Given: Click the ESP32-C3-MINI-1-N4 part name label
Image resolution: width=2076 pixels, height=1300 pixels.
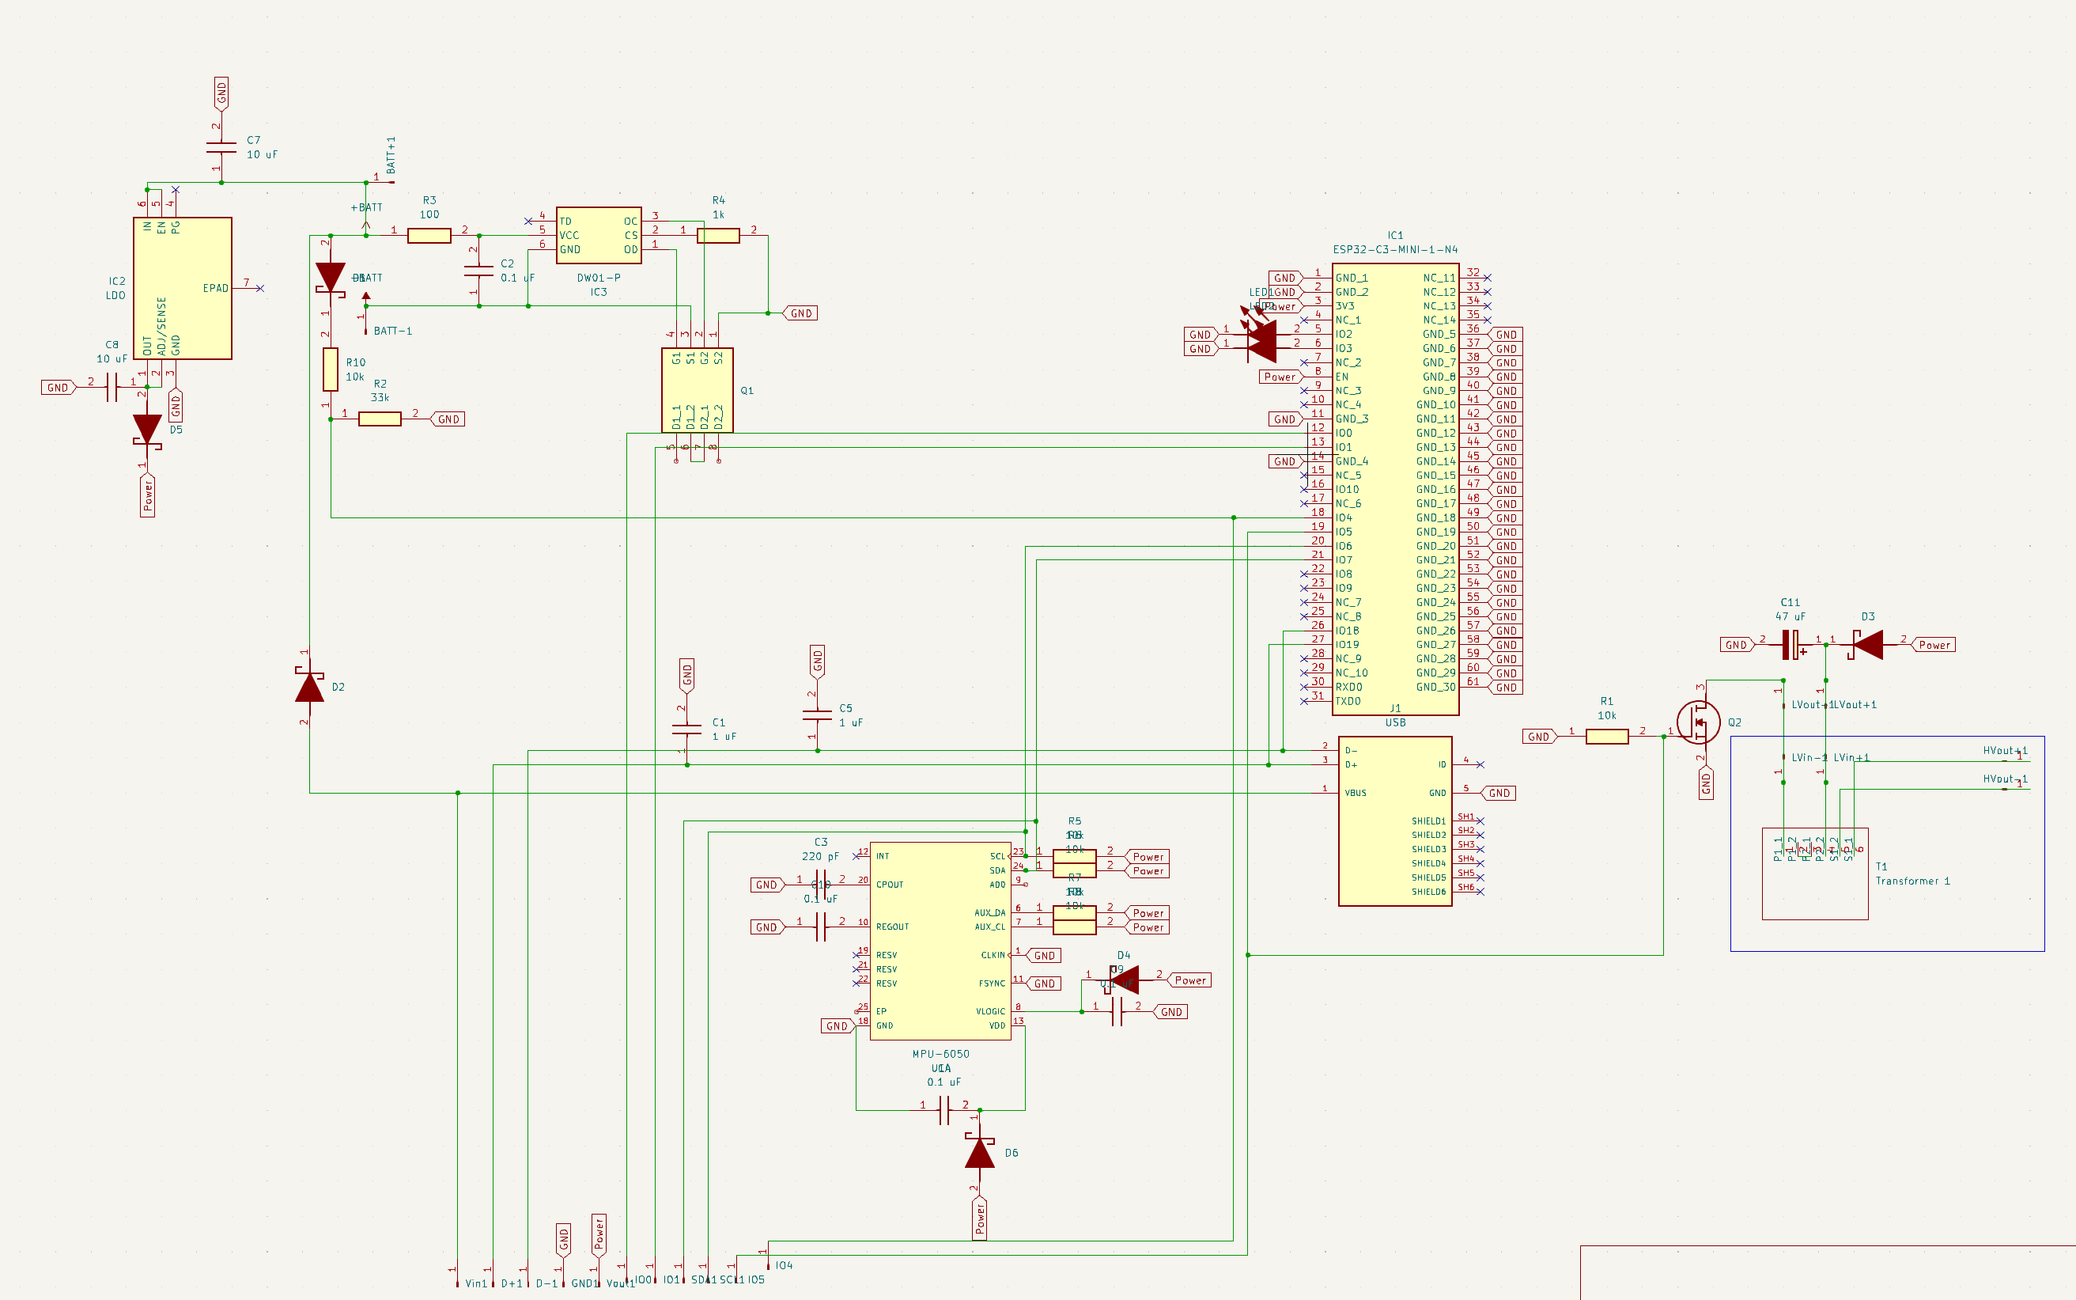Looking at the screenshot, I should coord(1394,249).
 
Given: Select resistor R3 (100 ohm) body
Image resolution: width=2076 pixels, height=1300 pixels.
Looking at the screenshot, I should coord(429,236).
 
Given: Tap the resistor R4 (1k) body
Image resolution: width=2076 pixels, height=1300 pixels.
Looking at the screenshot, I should coord(717,236).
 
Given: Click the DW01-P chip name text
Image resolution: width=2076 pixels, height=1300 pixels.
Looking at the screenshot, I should coord(598,278).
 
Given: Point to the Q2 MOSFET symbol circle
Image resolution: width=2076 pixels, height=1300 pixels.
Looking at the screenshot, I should coord(1698,722).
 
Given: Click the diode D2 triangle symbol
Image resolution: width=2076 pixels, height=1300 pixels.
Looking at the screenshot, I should coord(309,687).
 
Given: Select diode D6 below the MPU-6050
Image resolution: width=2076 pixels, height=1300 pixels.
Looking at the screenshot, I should coord(980,1153).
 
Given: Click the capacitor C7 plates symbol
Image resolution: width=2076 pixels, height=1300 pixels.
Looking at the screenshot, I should coord(221,148).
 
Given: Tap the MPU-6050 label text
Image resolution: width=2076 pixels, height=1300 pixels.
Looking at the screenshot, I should coord(940,1054).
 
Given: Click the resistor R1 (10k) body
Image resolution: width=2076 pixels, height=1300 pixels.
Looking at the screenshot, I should coord(1606,737).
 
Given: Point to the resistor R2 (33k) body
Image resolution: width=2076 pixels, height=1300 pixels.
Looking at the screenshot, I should coord(379,419).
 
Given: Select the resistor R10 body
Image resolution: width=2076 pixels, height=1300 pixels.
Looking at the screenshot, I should coord(330,370).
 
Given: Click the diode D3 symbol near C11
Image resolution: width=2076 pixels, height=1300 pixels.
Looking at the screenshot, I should coord(1867,645).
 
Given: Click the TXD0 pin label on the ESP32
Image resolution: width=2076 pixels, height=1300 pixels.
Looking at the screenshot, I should coord(1348,702).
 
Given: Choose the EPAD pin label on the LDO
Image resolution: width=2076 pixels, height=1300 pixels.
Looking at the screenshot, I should coord(215,288).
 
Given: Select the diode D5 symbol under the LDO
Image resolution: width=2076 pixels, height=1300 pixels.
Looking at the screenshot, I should coord(147,430).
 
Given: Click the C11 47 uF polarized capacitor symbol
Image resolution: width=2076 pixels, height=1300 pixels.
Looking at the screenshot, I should coord(1791,645).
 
